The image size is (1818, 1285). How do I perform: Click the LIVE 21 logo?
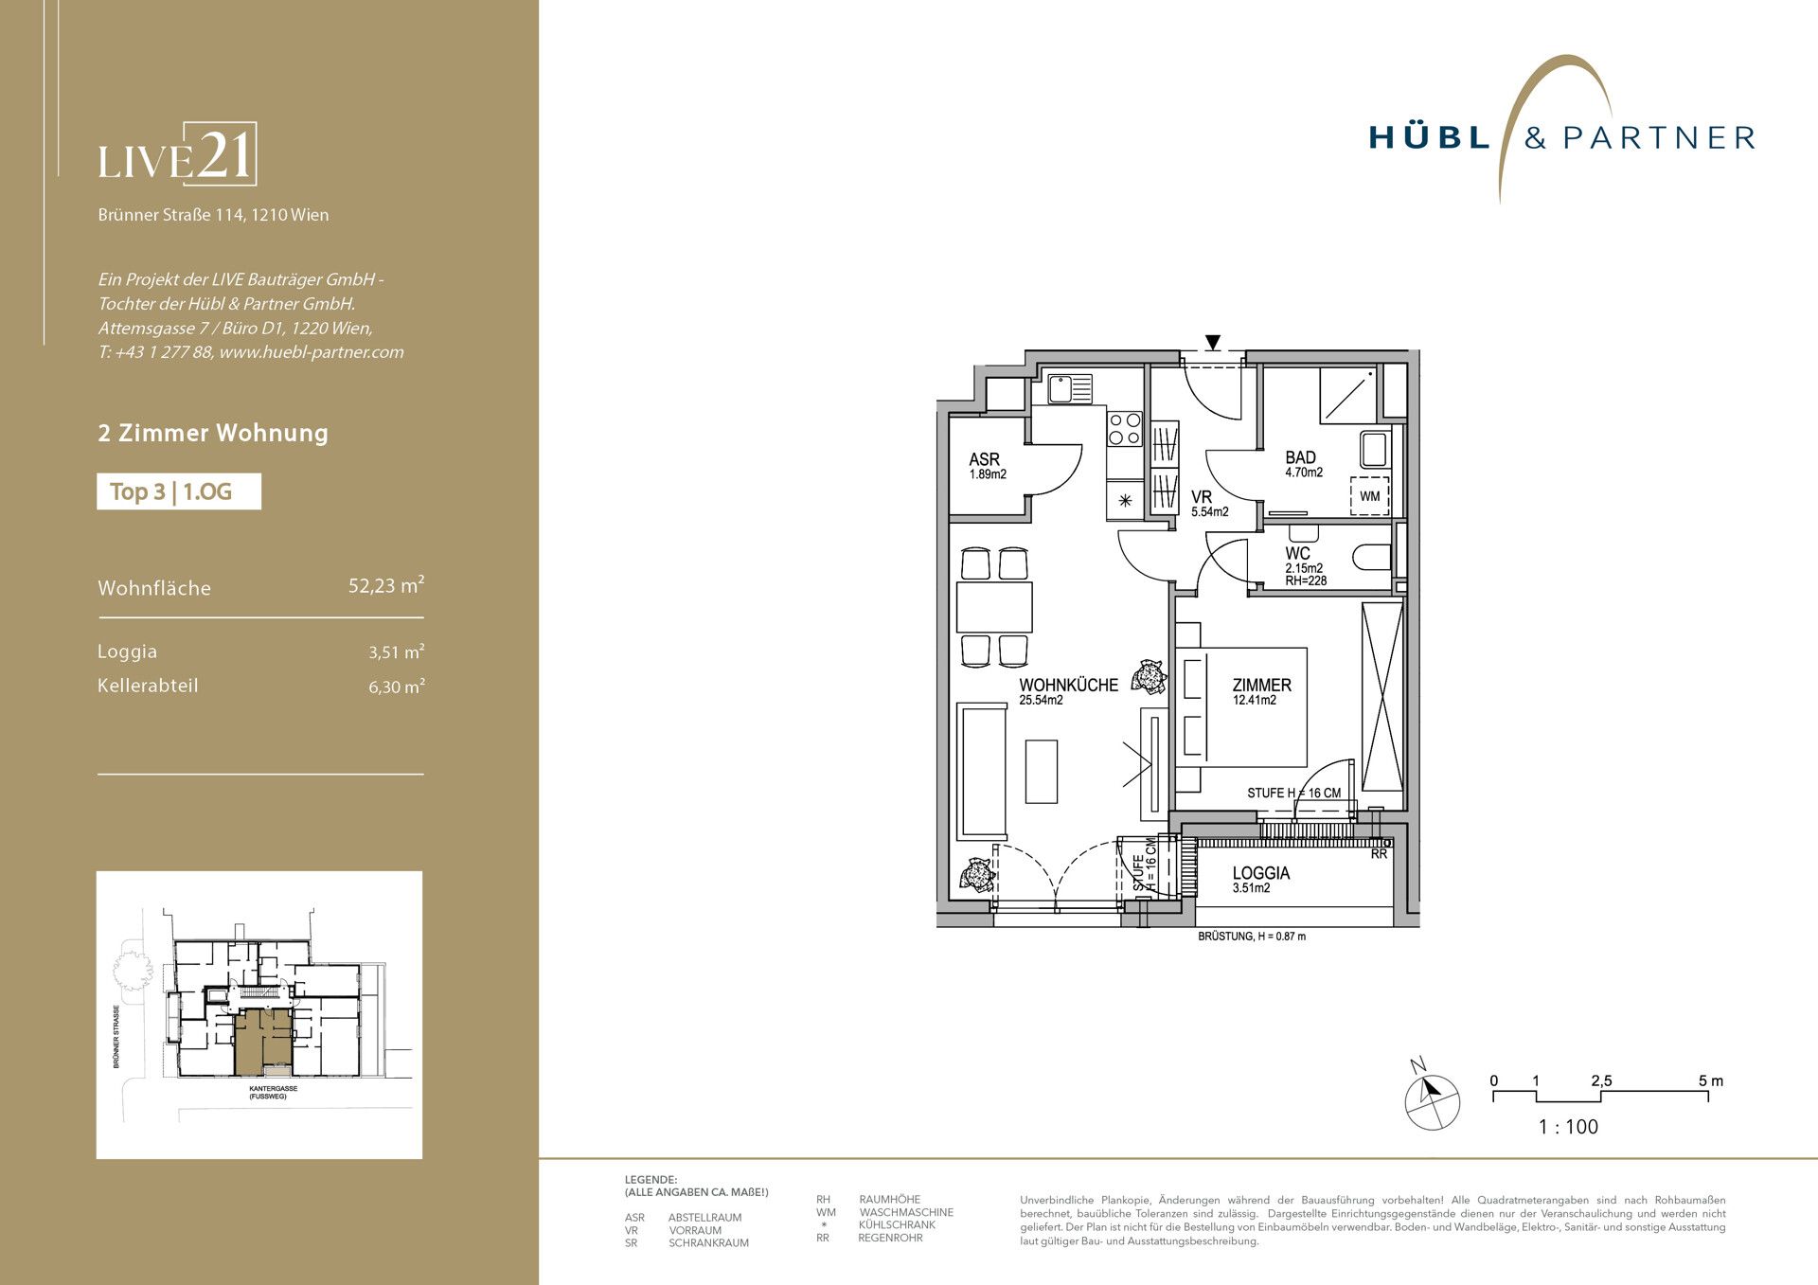pos(177,154)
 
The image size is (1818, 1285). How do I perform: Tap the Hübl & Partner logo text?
pos(1561,138)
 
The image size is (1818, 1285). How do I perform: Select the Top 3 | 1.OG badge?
pos(179,491)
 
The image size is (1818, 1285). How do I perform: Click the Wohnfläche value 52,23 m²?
pos(386,585)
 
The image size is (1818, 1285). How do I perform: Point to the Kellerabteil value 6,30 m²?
pos(397,687)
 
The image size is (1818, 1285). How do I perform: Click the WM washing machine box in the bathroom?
pos(1369,496)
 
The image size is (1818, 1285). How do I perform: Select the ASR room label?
pos(985,459)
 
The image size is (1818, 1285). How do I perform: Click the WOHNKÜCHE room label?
pos(1068,685)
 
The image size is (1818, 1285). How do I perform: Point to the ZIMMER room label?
pos(1261,685)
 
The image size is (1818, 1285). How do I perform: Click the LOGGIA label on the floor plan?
pos(1260,873)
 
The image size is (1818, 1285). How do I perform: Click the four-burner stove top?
pos(1125,428)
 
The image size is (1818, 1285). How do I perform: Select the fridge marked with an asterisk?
pos(1125,500)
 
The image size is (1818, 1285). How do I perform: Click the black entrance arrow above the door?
pos(1213,343)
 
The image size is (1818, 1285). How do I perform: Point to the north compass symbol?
pos(1432,1098)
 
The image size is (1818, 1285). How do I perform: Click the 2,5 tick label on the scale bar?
pos(1601,1080)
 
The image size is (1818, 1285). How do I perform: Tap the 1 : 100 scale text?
pos(1568,1127)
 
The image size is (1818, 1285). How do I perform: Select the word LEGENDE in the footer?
pos(651,1180)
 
